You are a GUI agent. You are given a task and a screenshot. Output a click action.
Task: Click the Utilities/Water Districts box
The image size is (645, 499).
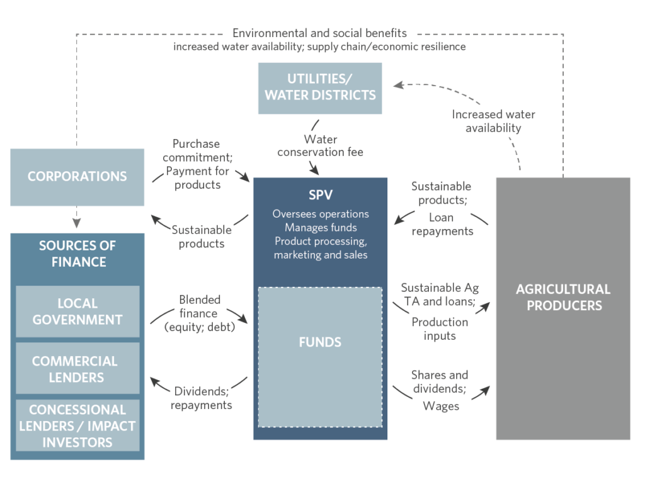pyautogui.click(x=320, y=88)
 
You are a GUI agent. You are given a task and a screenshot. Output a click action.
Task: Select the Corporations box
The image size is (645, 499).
pyautogui.click(x=77, y=177)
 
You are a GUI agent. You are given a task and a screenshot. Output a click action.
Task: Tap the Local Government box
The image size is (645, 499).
pyautogui.click(x=77, y=311)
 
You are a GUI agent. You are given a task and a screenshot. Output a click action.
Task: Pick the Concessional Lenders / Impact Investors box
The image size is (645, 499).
pyautogui.click(x=77, y=425)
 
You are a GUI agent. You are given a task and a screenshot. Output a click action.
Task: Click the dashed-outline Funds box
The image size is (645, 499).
pyautogui.click(x=320, y=357)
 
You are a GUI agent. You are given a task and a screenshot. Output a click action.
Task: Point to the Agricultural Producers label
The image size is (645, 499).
pyautogui.click(x=563, y=297)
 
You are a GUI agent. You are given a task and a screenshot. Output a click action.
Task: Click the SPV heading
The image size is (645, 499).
pyautogui.click(x=320, y=195)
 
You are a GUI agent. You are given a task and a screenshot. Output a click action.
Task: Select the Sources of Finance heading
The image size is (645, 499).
pyautogui.click(x=77, y=254)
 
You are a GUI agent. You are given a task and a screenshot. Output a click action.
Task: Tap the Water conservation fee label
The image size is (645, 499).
pyautogui.click(x=320, y=145)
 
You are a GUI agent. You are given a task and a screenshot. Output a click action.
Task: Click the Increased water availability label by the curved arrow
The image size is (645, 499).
pyautogui.click(x=493, y=121)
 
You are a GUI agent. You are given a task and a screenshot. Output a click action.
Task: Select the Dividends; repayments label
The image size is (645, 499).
pyautogui.click(x=201, y=398)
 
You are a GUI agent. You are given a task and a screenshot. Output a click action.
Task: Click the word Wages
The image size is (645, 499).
pyautogui.click(x=441, y=406)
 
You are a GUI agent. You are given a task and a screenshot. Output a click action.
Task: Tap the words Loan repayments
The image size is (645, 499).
pyautogui.click(x=442, y=224)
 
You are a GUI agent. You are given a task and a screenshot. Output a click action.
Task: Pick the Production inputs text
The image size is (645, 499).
pyautogui.click(x=440, y=328)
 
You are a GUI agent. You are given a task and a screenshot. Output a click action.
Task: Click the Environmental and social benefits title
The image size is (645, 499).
pyautogui.click(x=320, y=33)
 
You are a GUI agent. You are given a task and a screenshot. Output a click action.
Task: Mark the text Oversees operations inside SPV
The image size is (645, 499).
pyautogui.click(x=320, y=214)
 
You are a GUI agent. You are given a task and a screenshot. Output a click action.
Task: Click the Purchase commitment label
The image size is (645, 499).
pyautogui.click(x=196, y=150)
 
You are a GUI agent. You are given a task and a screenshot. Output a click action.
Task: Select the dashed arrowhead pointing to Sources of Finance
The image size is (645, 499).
pyautogui.click(x=77, y=223)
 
